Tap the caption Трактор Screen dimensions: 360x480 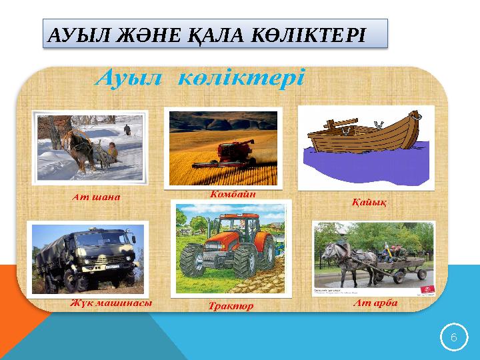click(x=230, y=307)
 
